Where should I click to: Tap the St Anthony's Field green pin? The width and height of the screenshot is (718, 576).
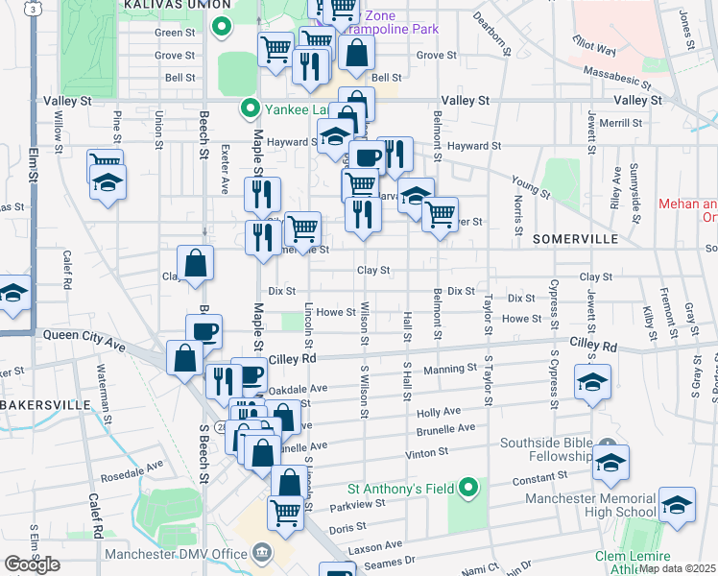468,489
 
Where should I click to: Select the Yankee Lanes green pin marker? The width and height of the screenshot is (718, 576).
250,108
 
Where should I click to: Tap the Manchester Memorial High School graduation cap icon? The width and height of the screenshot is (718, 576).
677,507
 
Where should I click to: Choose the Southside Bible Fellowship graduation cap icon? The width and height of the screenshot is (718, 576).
610,463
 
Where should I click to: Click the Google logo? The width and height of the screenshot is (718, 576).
32,564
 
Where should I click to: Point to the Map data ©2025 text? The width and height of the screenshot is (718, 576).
679,568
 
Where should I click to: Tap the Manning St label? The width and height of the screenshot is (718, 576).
449,369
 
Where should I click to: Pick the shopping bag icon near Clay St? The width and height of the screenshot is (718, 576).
195,264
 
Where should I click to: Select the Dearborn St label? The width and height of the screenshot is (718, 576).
496,36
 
